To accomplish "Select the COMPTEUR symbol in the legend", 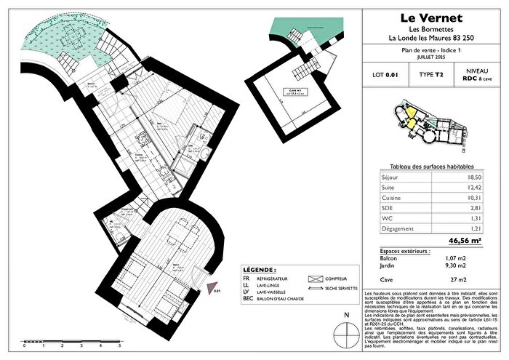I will click(316, 279).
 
